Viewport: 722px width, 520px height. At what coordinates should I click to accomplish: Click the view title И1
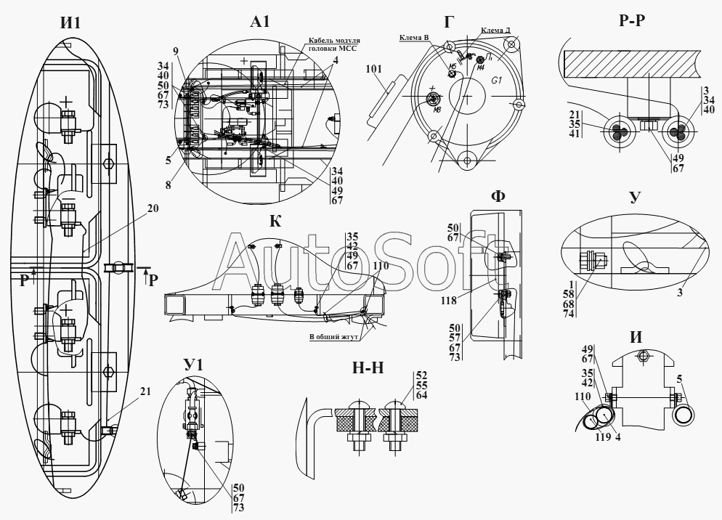point(70,23)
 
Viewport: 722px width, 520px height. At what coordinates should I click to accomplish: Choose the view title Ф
point(498,196)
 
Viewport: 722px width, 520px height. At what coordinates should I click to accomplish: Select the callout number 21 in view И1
point(145,391)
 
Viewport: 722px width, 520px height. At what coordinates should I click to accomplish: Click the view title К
point(275,221)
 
